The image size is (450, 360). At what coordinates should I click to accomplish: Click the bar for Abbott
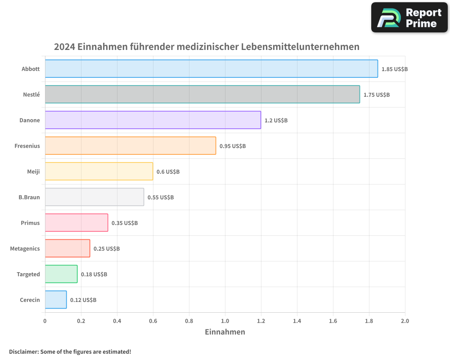(x=211, y=69)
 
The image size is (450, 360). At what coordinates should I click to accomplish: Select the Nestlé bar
(x=202, y=94)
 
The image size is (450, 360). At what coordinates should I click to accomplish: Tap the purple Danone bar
(x=153, y=120)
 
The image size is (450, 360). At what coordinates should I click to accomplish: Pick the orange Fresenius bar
(x=130, y=146)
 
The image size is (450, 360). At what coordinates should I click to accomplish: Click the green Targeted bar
(x=61, y=274)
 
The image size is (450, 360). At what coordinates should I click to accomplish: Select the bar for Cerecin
(x=56, y=300)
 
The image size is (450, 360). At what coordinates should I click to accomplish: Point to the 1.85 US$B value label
(x=394, y=69)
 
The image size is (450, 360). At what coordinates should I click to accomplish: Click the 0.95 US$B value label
(x=233, y=146)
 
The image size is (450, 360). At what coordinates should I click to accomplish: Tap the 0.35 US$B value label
(x=125, y=223)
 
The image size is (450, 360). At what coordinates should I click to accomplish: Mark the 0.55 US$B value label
(x=161, y=198)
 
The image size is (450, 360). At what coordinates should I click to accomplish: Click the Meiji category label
(x=33, y=171)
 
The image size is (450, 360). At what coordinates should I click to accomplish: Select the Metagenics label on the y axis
(x=25, y=248)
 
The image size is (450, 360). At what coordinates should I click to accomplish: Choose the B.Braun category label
(x=29, y=197)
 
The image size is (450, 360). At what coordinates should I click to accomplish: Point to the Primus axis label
(x=30, y=223)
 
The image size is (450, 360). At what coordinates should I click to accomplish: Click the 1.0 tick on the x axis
(x=225, y=321)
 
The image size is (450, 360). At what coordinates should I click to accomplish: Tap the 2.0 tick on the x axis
(x=405, y=321)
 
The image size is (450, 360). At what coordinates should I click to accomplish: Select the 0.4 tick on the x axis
(x=117, y=321)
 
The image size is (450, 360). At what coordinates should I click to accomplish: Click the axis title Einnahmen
(x=225, y=332)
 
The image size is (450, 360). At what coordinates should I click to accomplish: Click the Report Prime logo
(x=409, y=18)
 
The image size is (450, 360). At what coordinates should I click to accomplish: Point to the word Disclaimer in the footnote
(x=23, y=351)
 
